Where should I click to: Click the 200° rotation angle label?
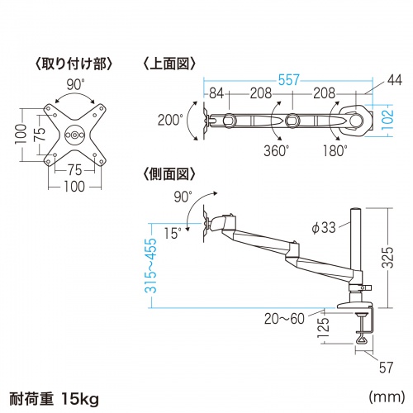(169, 120)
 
